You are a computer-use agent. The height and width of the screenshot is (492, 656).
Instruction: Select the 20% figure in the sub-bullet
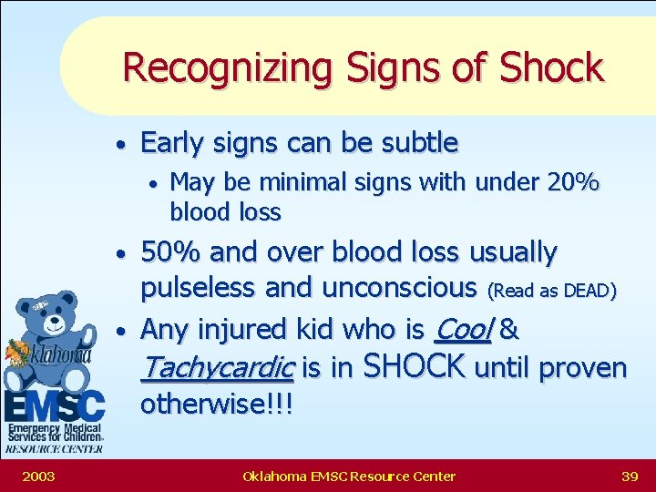click(x=573, y=182)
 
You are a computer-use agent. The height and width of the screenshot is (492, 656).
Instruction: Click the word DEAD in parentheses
click(x=585, y=291)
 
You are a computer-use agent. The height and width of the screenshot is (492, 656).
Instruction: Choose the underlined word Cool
click(x=464, y=327)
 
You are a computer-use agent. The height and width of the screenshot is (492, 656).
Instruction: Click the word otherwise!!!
click(x=216, y=405)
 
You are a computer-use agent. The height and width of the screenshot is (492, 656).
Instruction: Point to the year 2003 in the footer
click(x=38, y=476)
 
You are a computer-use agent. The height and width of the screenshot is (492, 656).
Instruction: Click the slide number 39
click(x=629, y=476)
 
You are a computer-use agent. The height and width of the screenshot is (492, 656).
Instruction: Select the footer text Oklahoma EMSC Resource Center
click(x=349, y=476)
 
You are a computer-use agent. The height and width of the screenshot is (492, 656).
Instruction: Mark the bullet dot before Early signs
click(x=120, y=145)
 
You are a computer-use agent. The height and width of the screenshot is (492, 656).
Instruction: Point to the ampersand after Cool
click(x=510, y=328)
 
